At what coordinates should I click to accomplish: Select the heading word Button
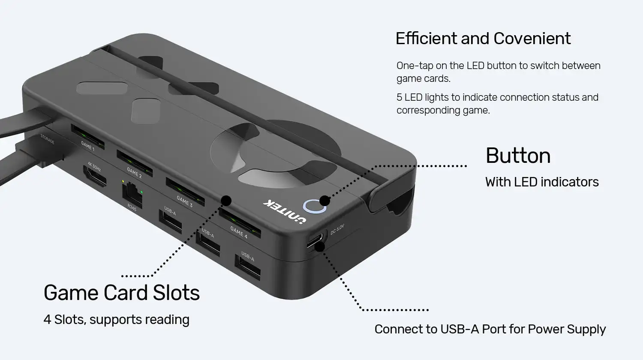pos(518,156)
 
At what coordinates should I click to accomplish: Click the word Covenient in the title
pos(532,39)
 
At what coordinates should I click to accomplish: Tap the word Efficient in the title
pos(426,39)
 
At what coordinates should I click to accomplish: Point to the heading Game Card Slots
pos(122,293)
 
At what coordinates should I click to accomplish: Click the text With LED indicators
pos(542,182)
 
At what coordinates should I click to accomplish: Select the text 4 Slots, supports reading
pos(116,320)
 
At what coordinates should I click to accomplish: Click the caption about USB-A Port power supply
pos(490,329)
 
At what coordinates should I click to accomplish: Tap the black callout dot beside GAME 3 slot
pos(226,200)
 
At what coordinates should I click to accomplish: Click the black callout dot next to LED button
pos(325,200)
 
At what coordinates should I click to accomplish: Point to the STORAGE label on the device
pos(47,139)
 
